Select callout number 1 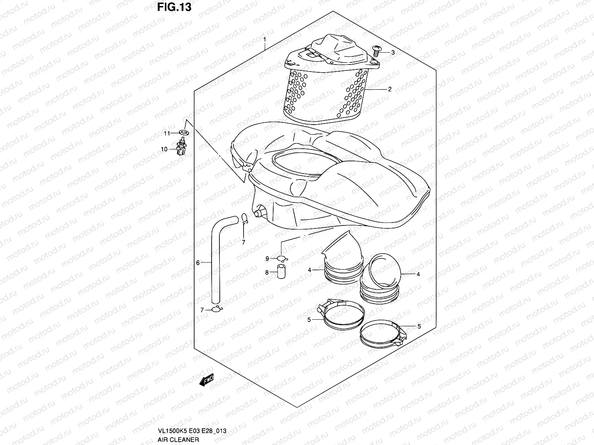[x=264, y=39]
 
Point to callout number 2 [x=390, y=89]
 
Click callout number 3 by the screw [x=393, y=53]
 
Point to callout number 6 [x=198, y=263]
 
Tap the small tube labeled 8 [x=281, y=273]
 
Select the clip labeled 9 [x=283, y=258]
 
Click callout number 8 [x=267, y=273]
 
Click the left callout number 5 [x=309, y=320]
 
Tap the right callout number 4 [x=418, y=274]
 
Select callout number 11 [x=167, y=133]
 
